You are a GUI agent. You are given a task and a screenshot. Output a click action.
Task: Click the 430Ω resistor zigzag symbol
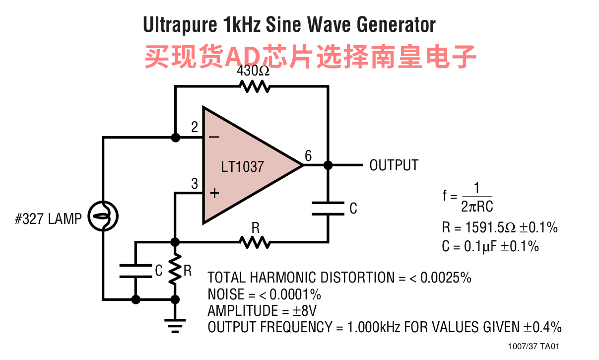pyautogui.click(x=255, y=87)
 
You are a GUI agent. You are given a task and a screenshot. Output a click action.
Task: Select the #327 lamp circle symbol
pyautogui.click(x=103, y=216)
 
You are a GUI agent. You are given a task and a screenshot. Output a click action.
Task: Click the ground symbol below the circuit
pyautogui.click(x=175, y=325)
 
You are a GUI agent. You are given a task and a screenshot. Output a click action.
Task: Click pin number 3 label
pyautogui.click(x=195, y=184)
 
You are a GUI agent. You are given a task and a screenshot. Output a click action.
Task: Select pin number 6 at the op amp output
pyautogui.click(x=308, y=156)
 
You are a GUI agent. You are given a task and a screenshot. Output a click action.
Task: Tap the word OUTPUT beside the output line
pyautogui.click(x=394, y=165)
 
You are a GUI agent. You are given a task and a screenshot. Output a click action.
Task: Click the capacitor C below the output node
pyautogui.click(x=328, y=208)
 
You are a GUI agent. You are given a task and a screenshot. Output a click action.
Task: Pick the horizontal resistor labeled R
pyautogui.click(x=255, y=242)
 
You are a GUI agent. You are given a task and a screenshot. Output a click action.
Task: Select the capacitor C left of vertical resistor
pyautogui.click(x=135, y=271)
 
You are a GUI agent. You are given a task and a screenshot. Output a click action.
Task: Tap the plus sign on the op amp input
pyautogui.click(x=214, y=193)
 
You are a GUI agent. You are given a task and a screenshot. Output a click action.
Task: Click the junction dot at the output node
pyautogui.click(x=328, y=165)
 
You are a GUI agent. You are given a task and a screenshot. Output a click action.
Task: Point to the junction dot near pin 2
pyautogui.click(x=175, y=138)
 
